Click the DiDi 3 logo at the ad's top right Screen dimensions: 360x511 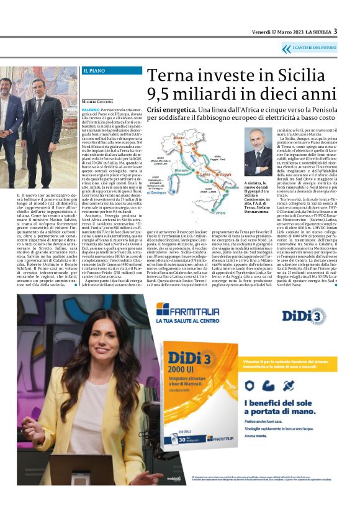click(x=307, y=315)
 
